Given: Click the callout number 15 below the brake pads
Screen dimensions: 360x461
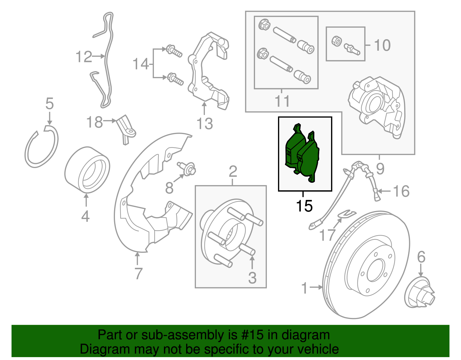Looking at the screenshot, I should (x=304, y=206).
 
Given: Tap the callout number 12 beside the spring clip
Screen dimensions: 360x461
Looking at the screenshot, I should (x=84, y=57).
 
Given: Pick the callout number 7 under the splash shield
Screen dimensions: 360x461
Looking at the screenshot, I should (x=138, y=273).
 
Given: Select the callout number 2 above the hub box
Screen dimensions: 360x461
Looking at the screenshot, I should (x=233, y=172).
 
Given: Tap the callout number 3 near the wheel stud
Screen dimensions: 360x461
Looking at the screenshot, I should (x=252, y=278).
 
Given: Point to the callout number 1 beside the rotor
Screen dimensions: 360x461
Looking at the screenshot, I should (x=305, y=288).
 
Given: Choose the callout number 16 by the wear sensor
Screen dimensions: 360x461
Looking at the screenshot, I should (x=401, y=191).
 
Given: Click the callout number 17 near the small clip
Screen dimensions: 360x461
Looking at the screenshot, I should (x=327, y=235).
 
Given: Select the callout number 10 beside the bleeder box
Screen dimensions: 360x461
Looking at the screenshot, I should (x=382, y=45).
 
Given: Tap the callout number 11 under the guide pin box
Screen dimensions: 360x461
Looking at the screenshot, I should (x=282, y=101).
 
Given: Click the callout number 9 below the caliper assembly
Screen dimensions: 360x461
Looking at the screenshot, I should (x=380, y=169).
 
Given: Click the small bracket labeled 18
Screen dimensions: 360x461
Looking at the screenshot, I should (x=127, y=130).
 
